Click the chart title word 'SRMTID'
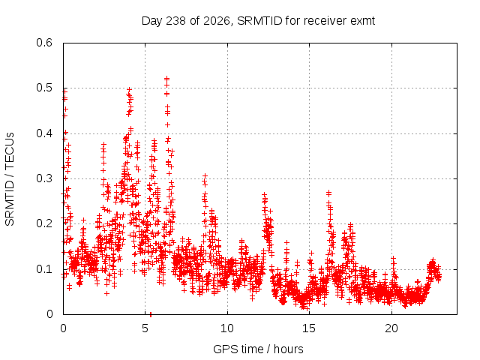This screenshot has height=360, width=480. [x=259, y=21]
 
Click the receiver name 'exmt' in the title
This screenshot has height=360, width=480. [x=362, y=21]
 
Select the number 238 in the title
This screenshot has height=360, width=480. [x=175, y=21]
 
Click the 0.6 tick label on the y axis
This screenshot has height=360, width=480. [x=44, y=43]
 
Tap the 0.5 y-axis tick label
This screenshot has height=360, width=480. [x=44, y=88]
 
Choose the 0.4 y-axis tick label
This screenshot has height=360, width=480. [x=44, y=133]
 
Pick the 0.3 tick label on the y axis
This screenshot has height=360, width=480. [x=44, y=178]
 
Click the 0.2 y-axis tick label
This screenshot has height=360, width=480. [x=44, y=223]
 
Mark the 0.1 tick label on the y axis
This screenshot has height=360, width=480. [x=44, y=269]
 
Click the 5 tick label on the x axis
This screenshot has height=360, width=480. [x=145, y=328]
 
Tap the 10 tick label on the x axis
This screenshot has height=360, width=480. [x=227, y=328]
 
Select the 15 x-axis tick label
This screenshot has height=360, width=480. [x=309, y=328]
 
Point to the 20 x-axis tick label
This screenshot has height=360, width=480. [x=391, y=328]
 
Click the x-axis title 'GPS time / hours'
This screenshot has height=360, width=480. [x=258, y=349]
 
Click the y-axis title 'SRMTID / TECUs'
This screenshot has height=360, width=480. [x=10, y=179]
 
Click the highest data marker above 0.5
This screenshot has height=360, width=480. [x=166, y=78]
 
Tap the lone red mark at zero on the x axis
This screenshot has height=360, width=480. [x=151, y=314]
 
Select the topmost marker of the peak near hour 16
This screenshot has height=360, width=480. [x=328, y=193]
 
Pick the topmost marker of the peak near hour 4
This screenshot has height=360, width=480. [x=129, y=90]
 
